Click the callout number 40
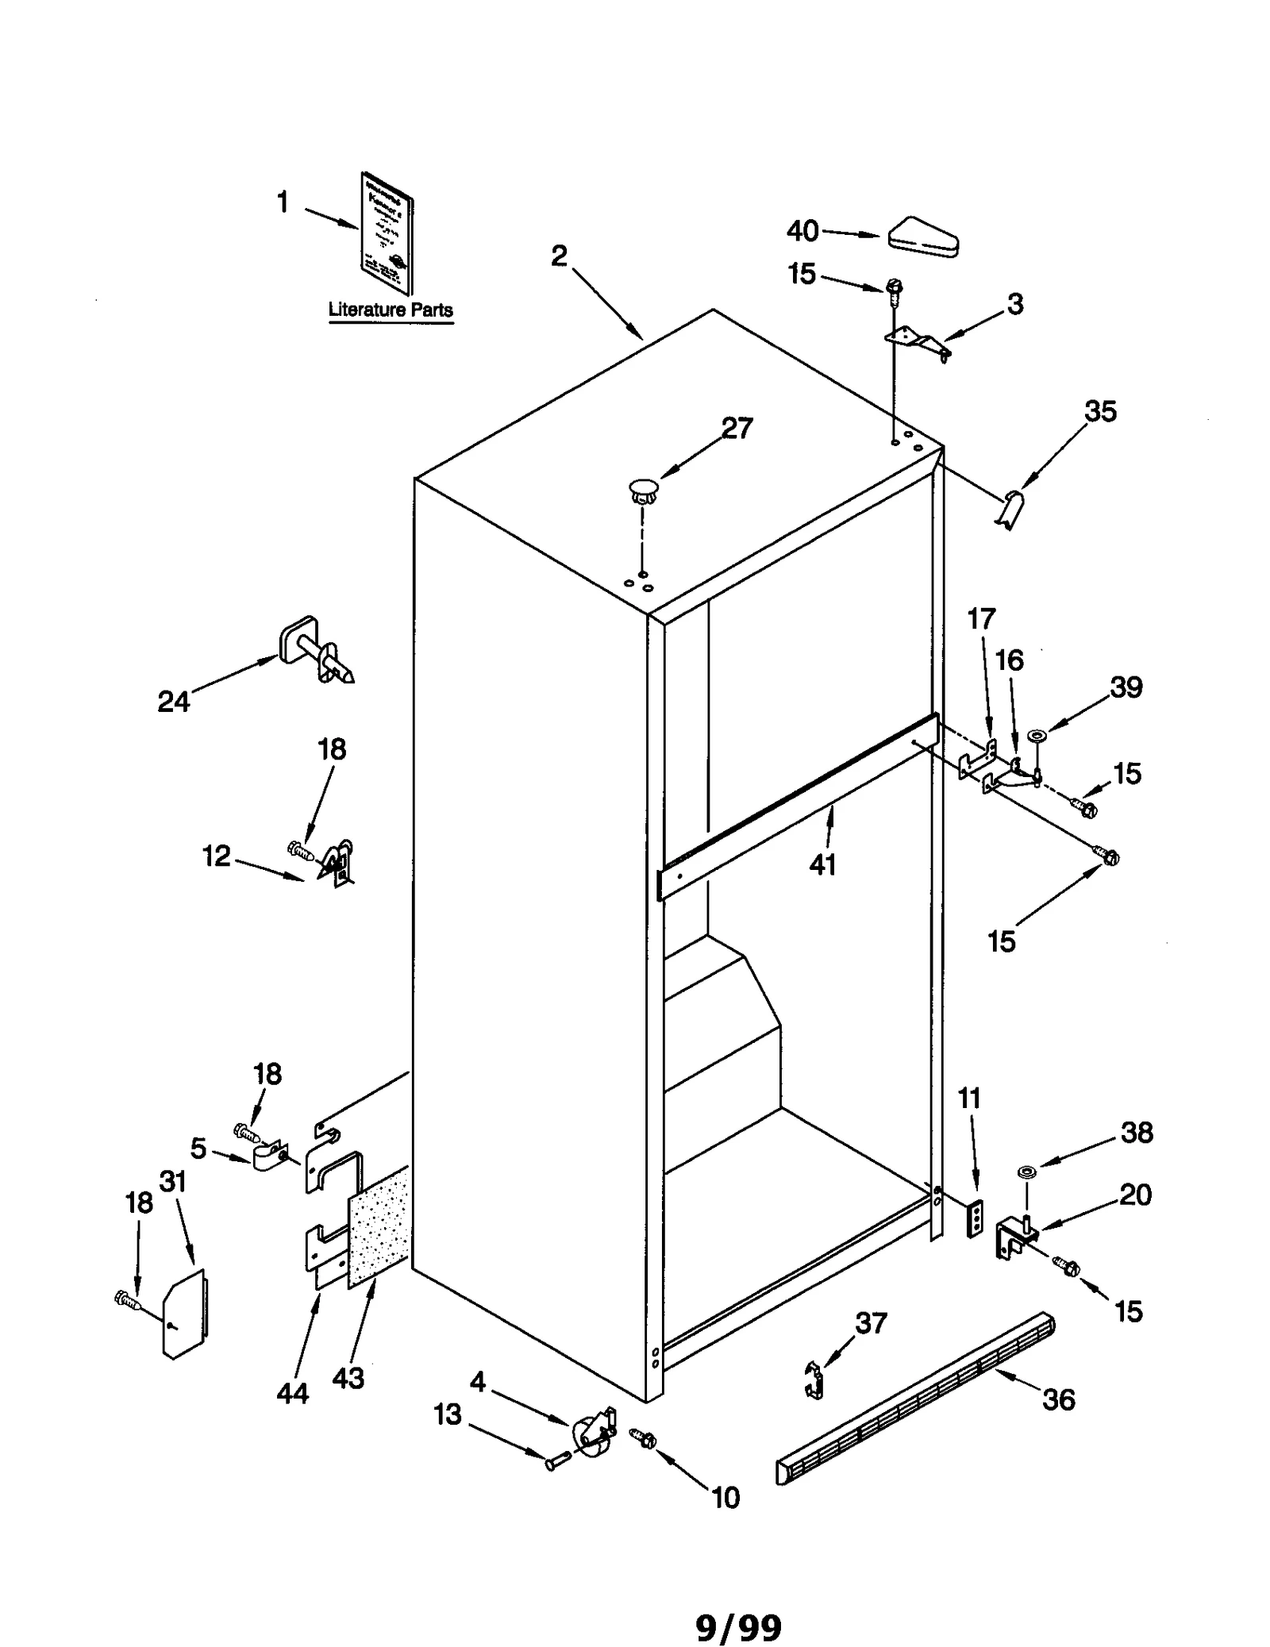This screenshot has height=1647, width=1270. tap(802, 231)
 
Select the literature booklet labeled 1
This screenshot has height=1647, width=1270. tap(387, 233)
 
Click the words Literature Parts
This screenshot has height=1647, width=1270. tap(391, 310)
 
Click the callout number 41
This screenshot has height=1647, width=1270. tap(822, 864)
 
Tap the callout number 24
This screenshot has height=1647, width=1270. tap(174, 701)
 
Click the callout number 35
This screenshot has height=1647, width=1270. tap(1100, 411)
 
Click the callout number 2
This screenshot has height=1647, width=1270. tap(560, 256)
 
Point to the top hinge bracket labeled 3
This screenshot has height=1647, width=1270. tap(918, 343)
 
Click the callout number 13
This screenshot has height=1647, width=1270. tap(448, 1414)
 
